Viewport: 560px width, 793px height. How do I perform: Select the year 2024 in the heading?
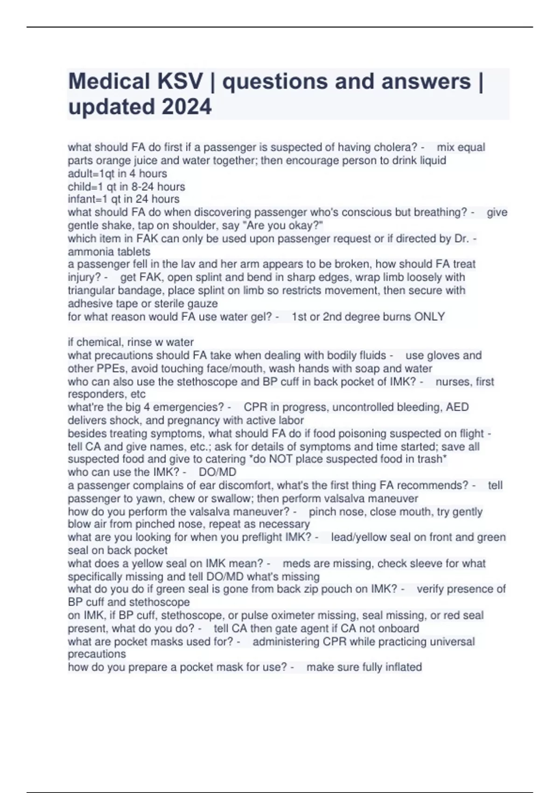(x=187, y=107)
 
